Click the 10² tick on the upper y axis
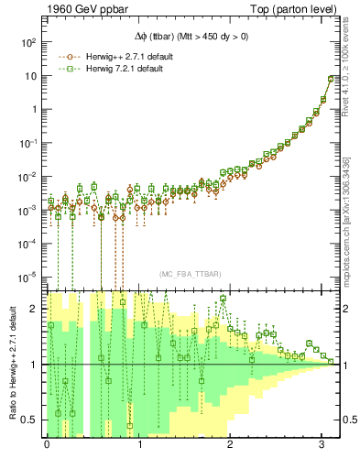click(x=28, y=43)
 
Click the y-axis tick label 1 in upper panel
click(x=34, y=110)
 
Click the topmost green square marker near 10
click(x=331, y=78)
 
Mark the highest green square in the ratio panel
click(x=222, y=299)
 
